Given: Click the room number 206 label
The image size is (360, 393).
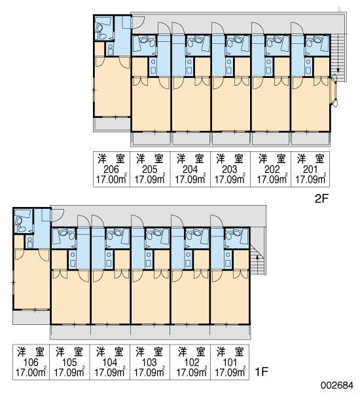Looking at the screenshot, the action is point(111,170).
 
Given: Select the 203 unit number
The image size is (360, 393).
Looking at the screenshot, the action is point(230,170).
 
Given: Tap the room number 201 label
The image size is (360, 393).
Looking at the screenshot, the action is point(310,170).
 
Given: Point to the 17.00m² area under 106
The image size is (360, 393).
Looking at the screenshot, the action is point(31,373).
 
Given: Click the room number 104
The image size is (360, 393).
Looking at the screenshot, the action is point(110,362).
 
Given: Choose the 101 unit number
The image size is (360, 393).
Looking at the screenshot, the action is point(230,362).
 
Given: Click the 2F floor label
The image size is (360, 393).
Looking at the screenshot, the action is point(321,198).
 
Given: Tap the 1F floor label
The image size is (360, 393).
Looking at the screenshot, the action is point(262,371).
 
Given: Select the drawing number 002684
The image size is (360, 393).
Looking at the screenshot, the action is point(338,385).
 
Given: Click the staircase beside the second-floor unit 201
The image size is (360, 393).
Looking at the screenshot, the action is point(338,58).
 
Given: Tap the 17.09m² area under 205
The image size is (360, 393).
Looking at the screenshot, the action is point(149,179).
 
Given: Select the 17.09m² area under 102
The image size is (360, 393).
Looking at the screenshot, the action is point(192,373).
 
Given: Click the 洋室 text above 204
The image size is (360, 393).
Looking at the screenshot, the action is point(190,159).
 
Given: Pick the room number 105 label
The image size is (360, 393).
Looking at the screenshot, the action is point(69,362).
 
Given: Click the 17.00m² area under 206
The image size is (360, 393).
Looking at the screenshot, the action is point(111,179).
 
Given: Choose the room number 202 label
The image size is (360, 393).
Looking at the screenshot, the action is point(272,170).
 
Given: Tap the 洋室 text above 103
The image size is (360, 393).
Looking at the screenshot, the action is point(149,352).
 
